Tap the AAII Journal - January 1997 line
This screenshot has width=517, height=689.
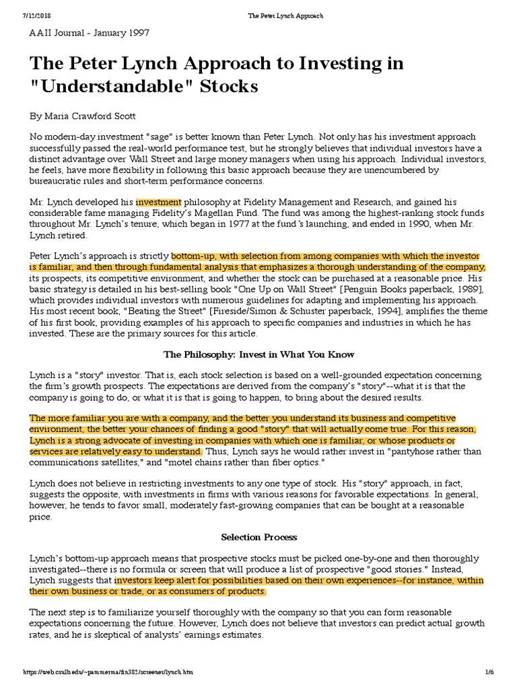tap(89, 32)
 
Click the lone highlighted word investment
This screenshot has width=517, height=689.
tap(159, 201)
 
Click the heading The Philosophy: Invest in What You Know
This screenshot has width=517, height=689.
tap(258, 354)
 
